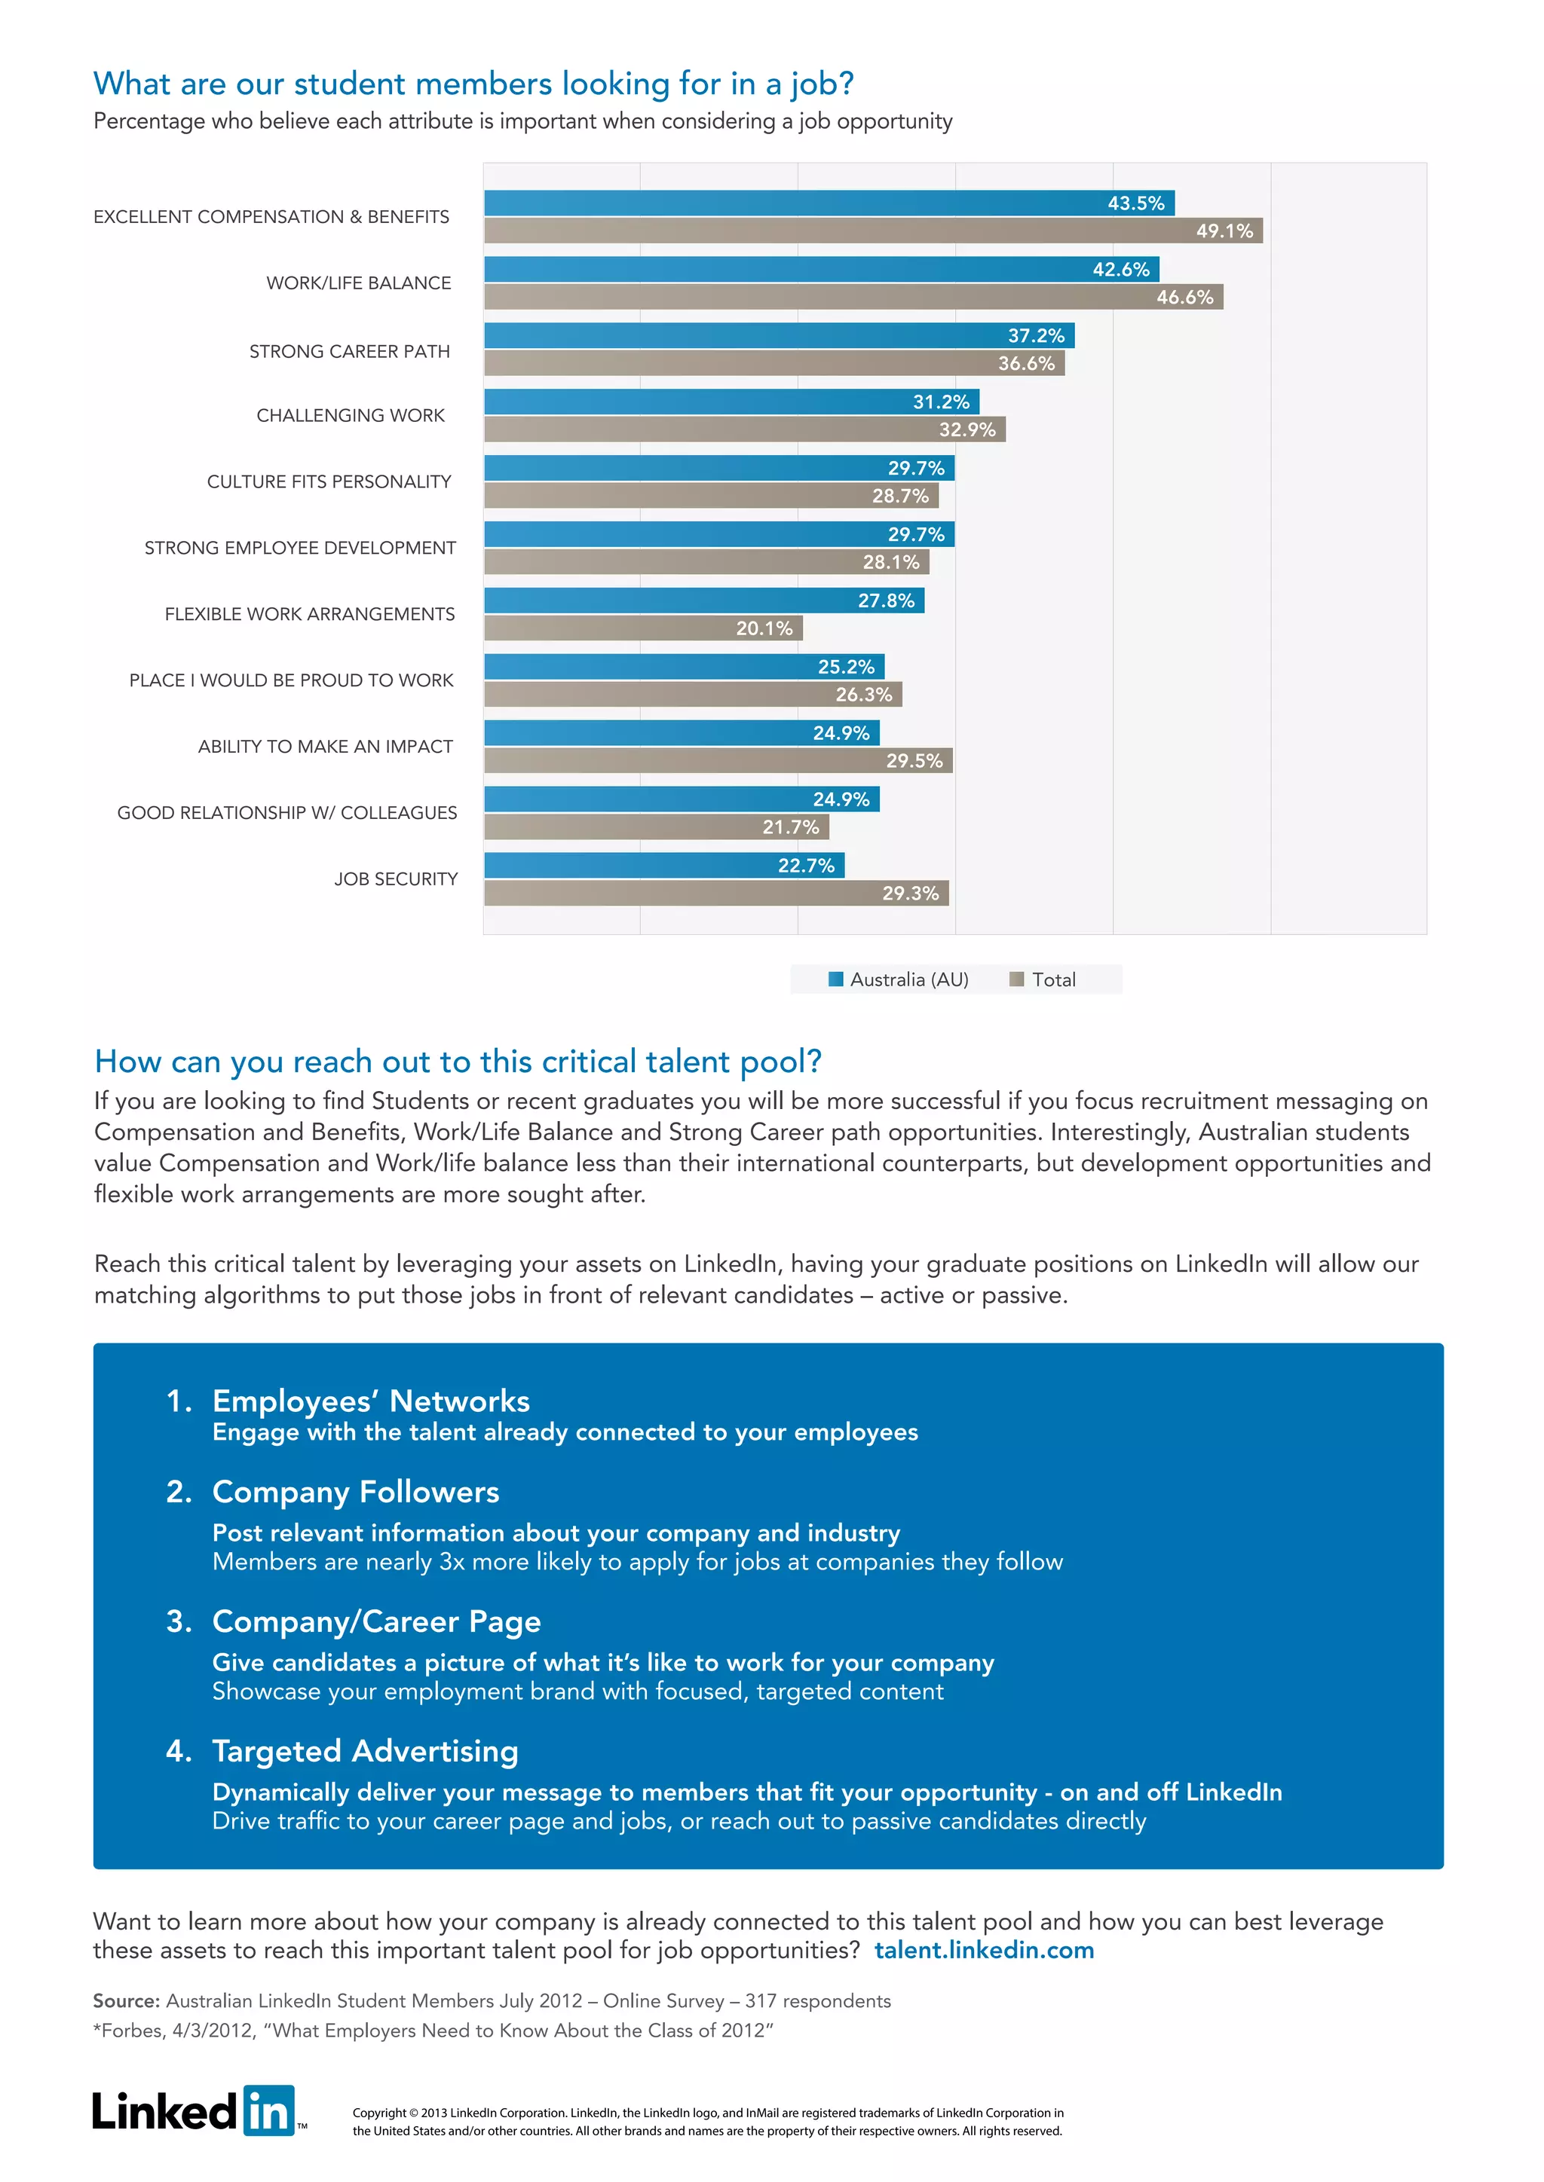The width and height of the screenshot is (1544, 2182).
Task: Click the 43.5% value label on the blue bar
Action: (1135, 203)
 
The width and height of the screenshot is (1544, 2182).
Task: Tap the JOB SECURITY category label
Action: (396, 879)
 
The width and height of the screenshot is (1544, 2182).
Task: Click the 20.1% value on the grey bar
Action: (764, 628)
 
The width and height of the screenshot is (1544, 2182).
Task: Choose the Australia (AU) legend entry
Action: (899, 979)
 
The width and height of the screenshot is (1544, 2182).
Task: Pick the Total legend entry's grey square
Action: (1016, 979)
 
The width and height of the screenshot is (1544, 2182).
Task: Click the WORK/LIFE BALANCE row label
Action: (358, 283)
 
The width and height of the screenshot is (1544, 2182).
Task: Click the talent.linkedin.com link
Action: (984, 1951)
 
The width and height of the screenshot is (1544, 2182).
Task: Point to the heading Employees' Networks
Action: (371, 1401)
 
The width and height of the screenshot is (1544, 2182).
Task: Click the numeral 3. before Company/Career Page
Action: (179, 1621)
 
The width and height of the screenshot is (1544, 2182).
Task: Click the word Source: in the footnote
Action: (127, 2000)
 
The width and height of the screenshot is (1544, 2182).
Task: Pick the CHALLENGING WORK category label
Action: (350, 415)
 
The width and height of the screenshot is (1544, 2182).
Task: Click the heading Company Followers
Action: (356, 1492)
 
